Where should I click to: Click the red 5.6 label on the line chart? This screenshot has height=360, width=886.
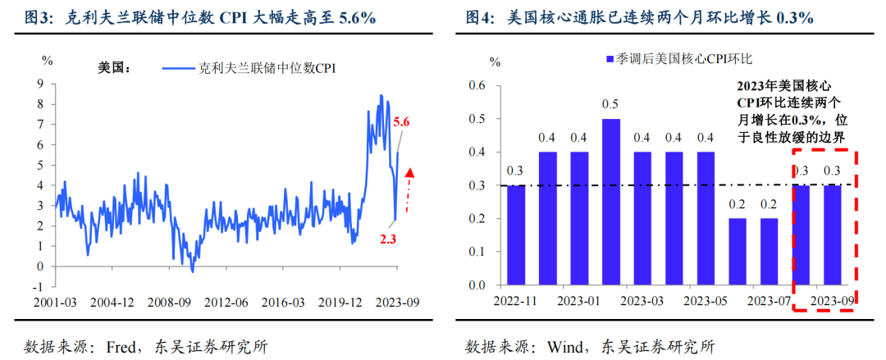[x=401, y=122]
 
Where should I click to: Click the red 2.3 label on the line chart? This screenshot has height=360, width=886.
[x=389, y=239]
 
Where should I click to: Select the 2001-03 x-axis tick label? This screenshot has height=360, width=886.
[x=56, y=302]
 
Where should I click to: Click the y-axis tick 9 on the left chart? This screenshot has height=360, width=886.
[x=39, y=83]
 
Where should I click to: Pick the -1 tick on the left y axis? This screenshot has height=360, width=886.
[x=37, y=286]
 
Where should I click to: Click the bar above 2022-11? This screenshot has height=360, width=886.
[x=516, y=235]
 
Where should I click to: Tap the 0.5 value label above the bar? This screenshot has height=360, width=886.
[x=611, y=105]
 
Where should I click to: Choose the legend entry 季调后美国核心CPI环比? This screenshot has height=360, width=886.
[x=683, y=58]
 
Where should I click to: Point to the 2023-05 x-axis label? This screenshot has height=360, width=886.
[x=706, y=302]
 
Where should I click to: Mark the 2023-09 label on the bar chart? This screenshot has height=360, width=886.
[x=832, y=302]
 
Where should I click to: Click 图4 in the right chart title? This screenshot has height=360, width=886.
[x=479, y=17]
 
